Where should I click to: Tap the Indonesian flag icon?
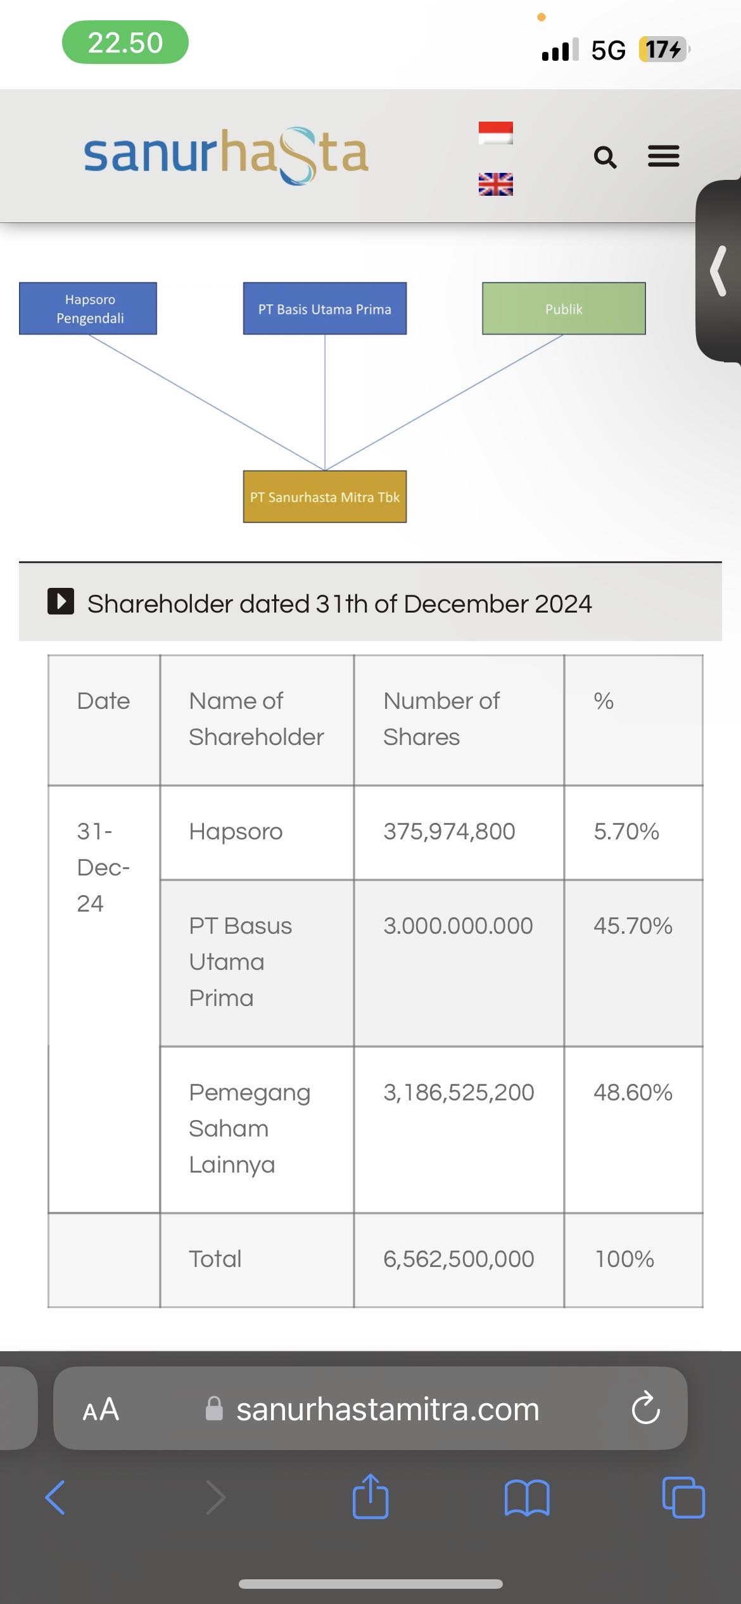(x=495, y=133)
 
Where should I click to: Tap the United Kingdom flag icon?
(x=495, y=184)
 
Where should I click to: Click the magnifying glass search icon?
(x=605, y=157)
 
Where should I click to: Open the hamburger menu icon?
(x=663, y=156)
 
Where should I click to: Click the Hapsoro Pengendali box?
(x=88, y=309)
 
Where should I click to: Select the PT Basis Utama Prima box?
(x=325, y=309)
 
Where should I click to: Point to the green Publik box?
(x=564, y=309)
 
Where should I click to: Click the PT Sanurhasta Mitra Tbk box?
(x=325, y=497)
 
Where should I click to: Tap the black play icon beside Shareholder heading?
(x=61, y=601)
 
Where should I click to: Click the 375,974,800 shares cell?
(x=449, y=832)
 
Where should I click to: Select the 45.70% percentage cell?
(x=633, y=926)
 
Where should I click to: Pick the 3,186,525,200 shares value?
(x=459, y=1093)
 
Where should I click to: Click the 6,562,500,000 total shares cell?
(x=459, y=1259)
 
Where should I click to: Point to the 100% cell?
(x=624, y=1259)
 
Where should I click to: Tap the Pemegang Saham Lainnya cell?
(x=250, y=1129)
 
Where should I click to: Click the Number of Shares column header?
(x=441, y=719)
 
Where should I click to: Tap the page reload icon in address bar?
(x=645, y=1408)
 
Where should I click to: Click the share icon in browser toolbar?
(x=370, y=1497)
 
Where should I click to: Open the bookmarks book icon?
(x=527, y=1498)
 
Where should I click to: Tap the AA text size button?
(x=101, y=1410)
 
